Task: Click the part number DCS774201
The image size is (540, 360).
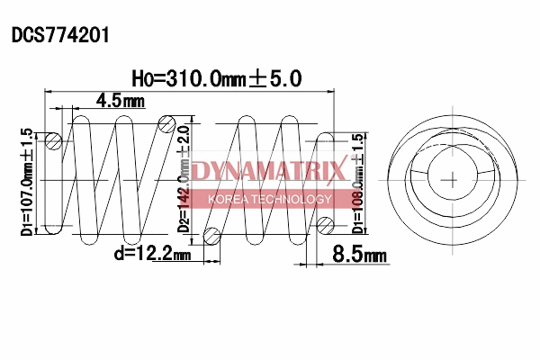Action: click(x=60, y=35)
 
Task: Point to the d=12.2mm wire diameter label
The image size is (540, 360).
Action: click(x=152, y=256)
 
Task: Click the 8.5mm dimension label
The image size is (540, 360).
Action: click(x=359, y=256)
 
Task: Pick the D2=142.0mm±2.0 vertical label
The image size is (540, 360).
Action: click(x=184, y=176)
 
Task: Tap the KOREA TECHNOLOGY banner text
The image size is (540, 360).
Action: click(x=269, y=199)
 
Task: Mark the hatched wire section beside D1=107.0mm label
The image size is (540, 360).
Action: click(x=53, y=140)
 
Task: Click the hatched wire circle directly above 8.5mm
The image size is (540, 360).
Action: click(x=326, y=225)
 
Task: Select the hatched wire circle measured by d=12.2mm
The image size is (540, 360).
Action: click(x=212, y=236)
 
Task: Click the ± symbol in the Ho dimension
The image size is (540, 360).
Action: click(x=257, y=79)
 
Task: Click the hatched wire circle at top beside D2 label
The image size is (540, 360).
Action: click(x=166, y=124)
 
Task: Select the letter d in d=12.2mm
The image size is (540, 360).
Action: click(x=118, y=256)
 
